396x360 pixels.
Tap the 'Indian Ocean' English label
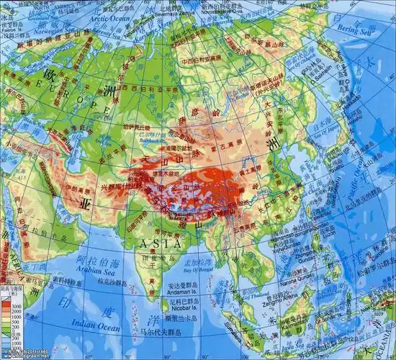(91, 327)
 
